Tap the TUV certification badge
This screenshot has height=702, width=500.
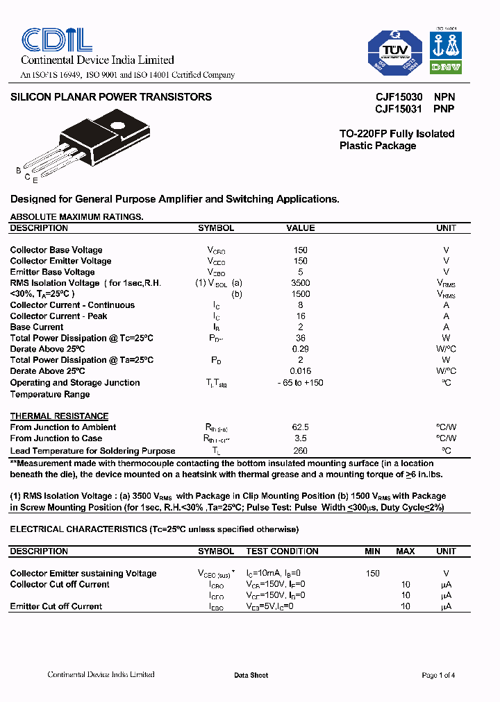tap(395, 52)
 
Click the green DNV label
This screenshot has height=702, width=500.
tap(445, 67)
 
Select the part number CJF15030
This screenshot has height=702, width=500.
tap(398, 98)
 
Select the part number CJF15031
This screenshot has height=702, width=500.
tap(398, 109)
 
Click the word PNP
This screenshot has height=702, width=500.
tap(444, 109)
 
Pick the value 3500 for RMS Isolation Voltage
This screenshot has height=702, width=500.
tap(301, 283)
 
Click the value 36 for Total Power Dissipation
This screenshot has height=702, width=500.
tap(301, 338)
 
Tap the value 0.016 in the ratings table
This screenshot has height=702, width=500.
tap(301, 371)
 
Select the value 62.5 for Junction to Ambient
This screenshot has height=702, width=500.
tap(301, 427)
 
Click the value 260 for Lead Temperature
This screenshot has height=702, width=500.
tap(301, 451)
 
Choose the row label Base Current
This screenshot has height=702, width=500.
tap(37, 327)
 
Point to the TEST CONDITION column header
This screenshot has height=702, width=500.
tap(282, 551)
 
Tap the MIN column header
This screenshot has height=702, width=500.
tap(373, 551)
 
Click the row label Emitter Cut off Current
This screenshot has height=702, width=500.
tap(56, 606)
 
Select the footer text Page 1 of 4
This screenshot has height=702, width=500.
tap(438, 675)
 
